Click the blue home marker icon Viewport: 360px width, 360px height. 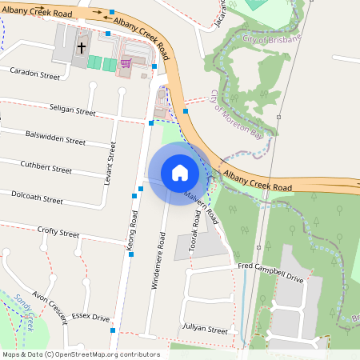click(179, 173)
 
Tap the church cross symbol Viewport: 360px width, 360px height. click(81, 48)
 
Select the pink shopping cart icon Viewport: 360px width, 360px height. click(125, 62)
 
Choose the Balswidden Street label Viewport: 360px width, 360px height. click(55, 138)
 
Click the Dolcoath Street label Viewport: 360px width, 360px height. click(37, 198)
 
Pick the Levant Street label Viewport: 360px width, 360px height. click(111, 163)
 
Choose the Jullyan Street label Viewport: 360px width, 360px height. click(206, 329)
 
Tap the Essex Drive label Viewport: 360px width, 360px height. click(90, 318)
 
